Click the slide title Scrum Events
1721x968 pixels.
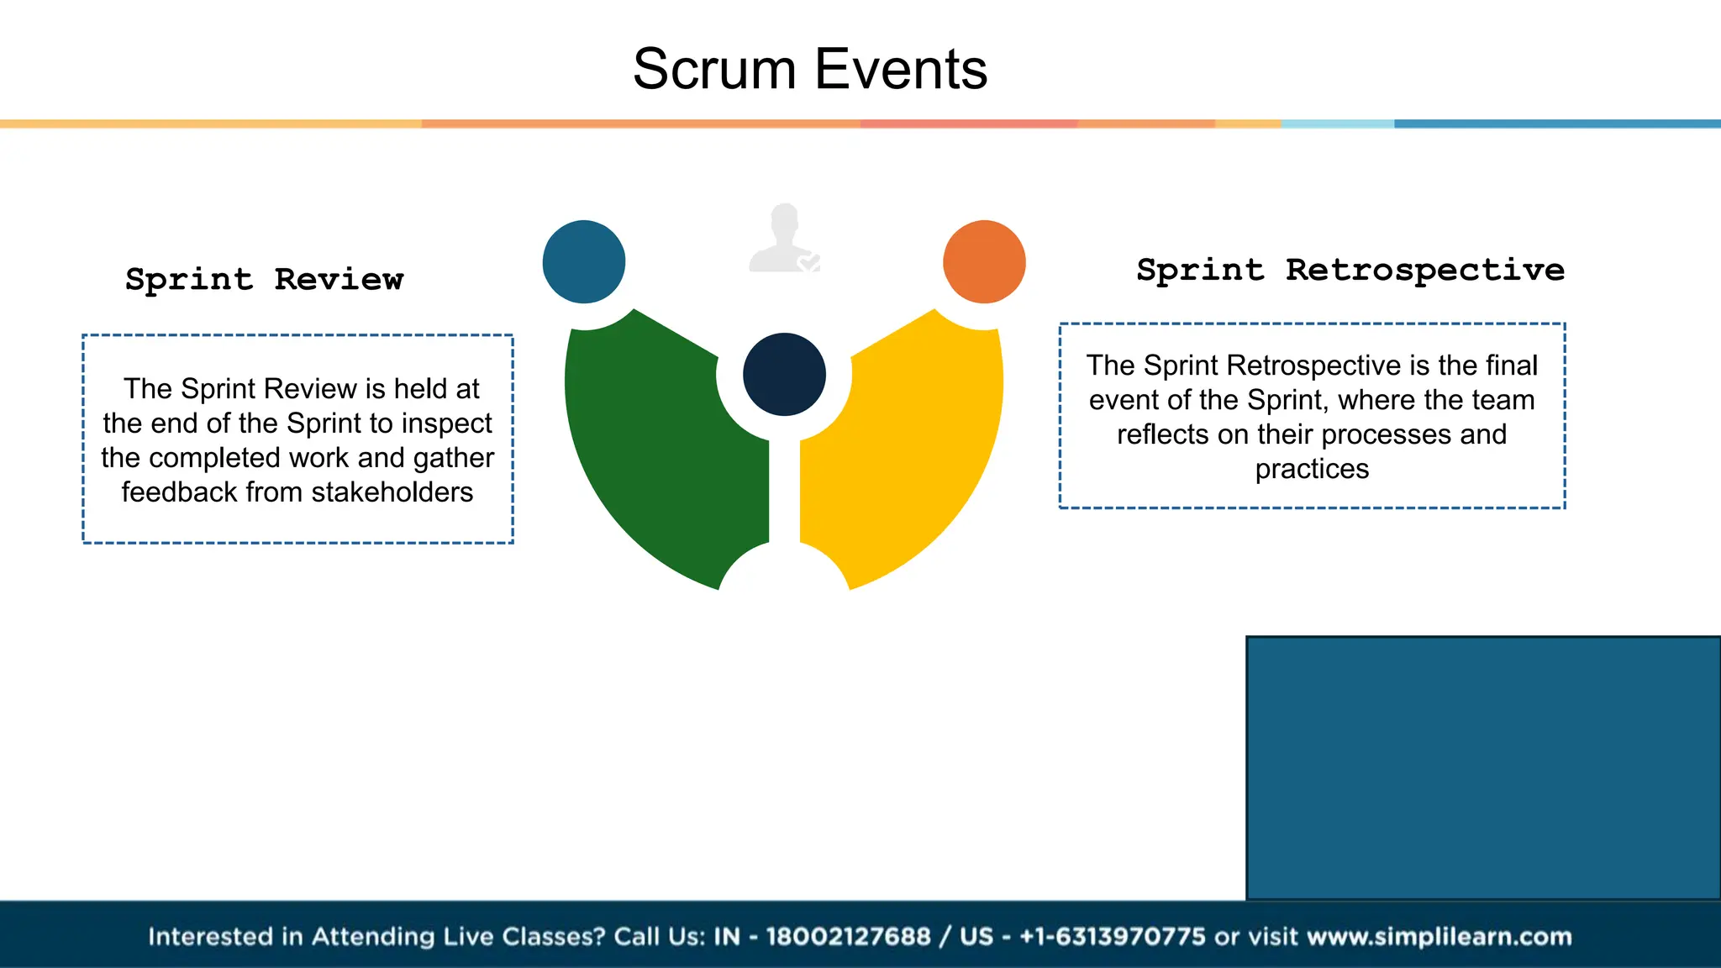[809, 69]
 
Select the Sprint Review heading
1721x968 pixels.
[265, 279]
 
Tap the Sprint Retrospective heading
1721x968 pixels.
[1350, 270]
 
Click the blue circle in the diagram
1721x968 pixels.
[584, 261]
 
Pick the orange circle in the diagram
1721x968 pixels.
[984, 261]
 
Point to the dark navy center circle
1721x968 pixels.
[784, 374]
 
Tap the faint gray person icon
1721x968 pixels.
[783, 239]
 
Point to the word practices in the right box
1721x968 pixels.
[1312, 469]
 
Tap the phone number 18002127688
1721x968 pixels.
[848, 936]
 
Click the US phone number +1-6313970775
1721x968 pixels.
[1113, 936]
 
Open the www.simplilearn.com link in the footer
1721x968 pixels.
[1439, 936]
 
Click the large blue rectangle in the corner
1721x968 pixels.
[1483, 767]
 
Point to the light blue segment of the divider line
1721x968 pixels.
[1337, 124]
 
